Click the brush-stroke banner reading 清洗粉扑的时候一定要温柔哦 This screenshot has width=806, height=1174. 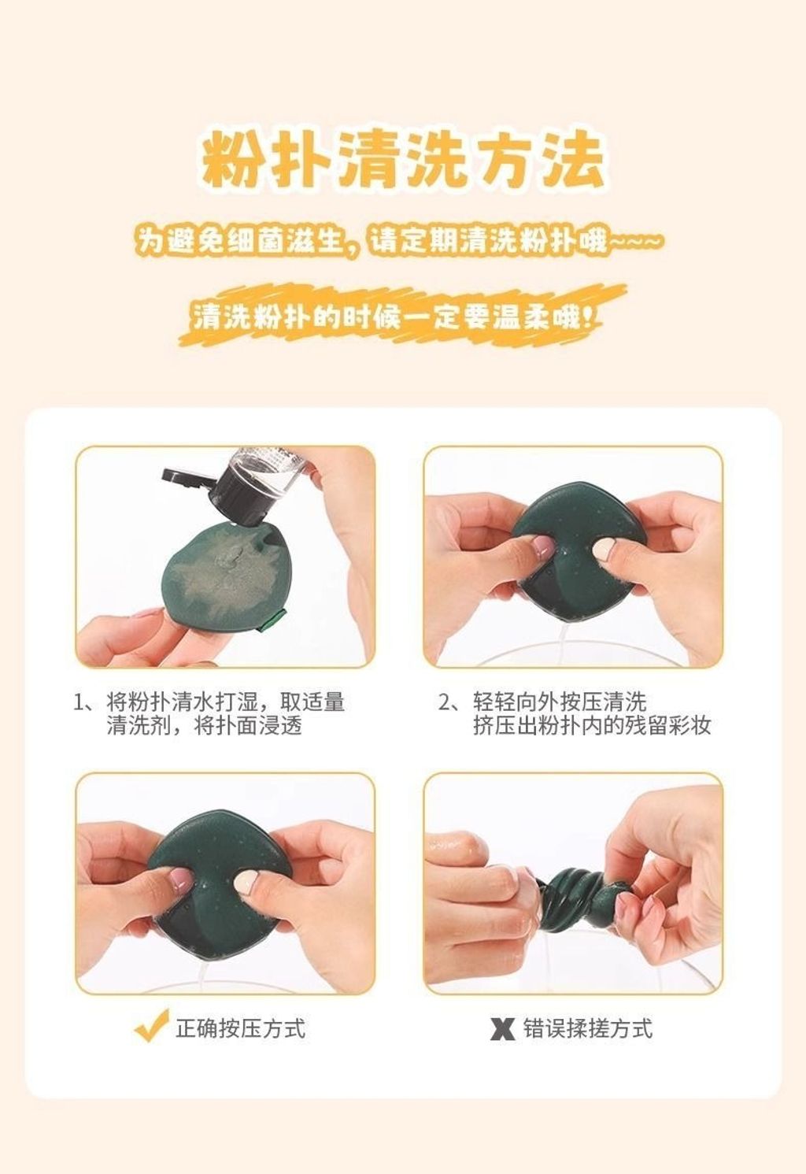402,315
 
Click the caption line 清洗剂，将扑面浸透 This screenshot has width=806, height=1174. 205,727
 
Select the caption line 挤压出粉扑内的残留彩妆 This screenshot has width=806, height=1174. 592,727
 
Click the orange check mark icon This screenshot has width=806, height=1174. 151,1024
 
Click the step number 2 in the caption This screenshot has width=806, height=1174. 445,702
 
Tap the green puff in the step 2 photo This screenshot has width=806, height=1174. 579,548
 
